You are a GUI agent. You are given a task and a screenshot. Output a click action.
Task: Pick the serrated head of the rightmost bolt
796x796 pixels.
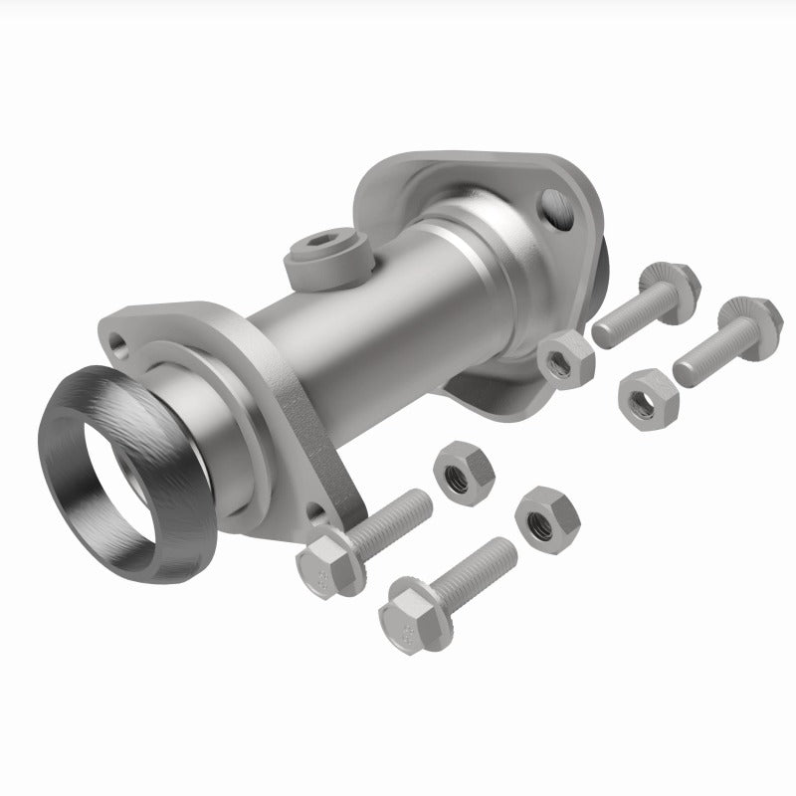click(x=737, y=318)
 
